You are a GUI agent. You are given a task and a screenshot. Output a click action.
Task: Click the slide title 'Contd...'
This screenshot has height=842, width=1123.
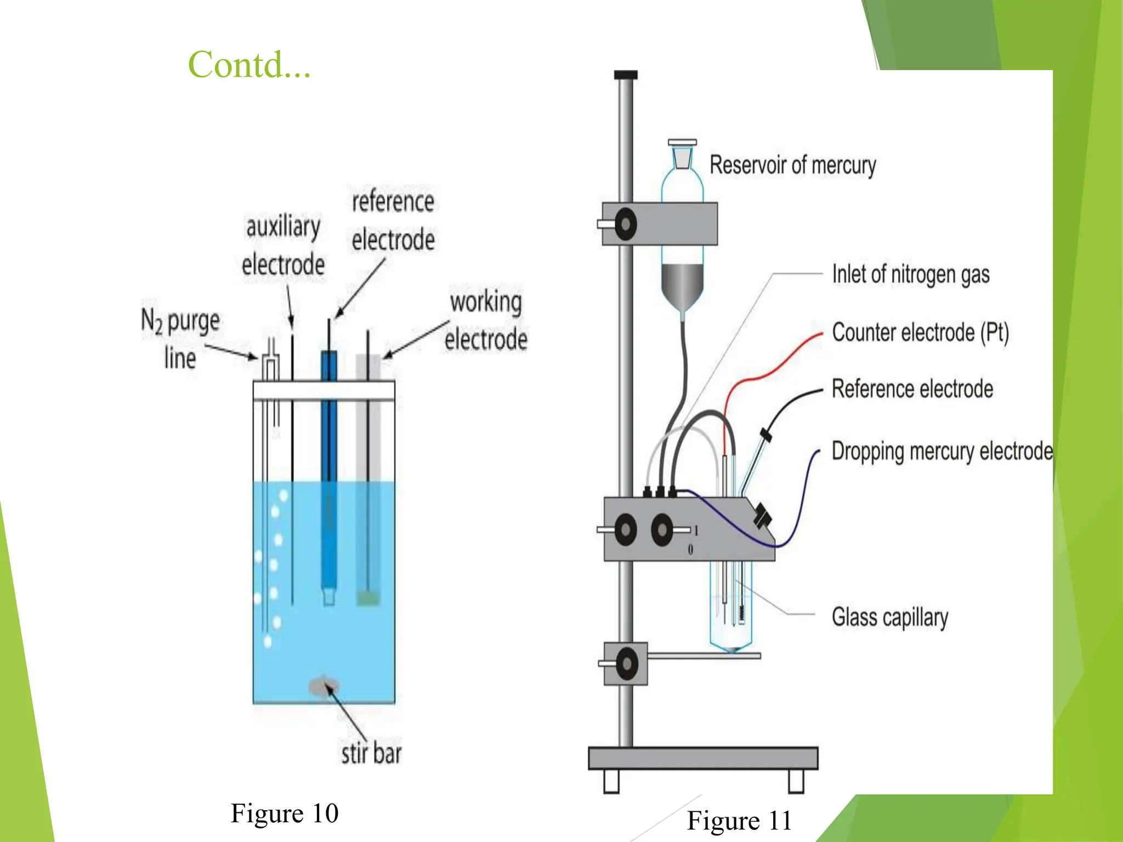click(249, 65)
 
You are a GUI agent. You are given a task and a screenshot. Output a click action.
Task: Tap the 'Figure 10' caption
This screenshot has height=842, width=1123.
click(284, 813)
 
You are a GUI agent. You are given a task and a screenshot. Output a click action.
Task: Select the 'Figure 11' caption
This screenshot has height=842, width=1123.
click(739, 821)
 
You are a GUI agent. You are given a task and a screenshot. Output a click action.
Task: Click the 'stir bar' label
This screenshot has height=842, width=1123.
click(371, 753)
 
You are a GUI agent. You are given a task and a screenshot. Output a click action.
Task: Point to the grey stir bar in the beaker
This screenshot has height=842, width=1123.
click(324, 686)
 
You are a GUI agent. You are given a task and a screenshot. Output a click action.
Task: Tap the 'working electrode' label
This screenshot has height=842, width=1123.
click(486, 320)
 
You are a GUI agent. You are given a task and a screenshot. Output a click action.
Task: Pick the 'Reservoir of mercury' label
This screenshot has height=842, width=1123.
click(792, 165)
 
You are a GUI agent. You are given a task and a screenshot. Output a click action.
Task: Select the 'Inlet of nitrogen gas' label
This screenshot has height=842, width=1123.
click(910, 274)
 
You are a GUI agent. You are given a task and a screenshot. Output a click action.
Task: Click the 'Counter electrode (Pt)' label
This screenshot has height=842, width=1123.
click(920, 332)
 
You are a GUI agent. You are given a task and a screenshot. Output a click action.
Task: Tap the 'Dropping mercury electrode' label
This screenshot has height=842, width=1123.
click(941, 451)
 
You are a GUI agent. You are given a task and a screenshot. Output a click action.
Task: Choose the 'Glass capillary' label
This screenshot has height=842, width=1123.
click(889, 617)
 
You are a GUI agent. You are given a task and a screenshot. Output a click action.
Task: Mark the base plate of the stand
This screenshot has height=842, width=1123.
click(702, 758)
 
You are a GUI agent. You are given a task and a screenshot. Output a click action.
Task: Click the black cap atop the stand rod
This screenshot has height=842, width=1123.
click(626, 75)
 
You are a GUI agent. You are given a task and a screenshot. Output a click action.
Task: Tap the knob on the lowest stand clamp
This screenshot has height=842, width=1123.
click(626, 663)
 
